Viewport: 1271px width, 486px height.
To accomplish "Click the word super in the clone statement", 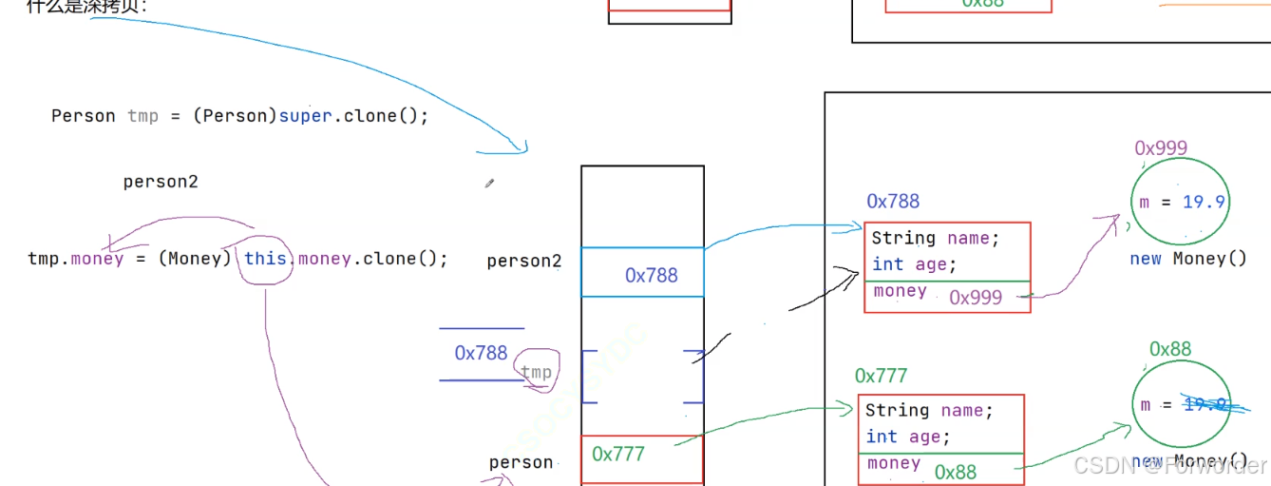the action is pos(305,116).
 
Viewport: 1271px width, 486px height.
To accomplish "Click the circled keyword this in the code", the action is pos(265,259).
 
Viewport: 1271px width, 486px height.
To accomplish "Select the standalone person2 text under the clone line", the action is pos(161,182).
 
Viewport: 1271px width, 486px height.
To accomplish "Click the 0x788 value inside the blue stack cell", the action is pos(652,276).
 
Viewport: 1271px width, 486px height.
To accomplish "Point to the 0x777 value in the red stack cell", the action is pos(618,455).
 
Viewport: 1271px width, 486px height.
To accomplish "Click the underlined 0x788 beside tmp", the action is pos(481,354).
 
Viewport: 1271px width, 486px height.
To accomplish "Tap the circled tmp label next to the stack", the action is pos(537,372).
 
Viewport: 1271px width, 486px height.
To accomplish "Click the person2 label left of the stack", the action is pos(524,261).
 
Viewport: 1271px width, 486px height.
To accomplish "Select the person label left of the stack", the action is pos(521,462).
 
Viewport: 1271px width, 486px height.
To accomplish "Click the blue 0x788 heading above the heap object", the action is pos(893,202).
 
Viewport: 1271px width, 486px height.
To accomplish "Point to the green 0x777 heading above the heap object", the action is pos(881,377).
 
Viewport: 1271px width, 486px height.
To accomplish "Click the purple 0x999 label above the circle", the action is pos(1161,148).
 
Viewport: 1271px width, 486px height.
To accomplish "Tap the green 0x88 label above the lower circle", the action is pos(1170,349).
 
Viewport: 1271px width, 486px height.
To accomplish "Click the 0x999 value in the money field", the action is pos(976,298).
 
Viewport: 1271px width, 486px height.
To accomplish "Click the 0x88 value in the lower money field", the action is pos(955,473).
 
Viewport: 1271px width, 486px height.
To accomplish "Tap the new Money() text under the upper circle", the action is pos(1187,259).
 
